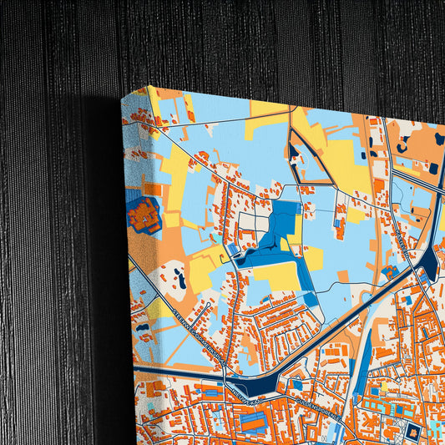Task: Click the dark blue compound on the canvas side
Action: coord(144,215)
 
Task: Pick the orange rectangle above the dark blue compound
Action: coord(152,189)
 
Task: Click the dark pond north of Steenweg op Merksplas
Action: coord(178,280)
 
